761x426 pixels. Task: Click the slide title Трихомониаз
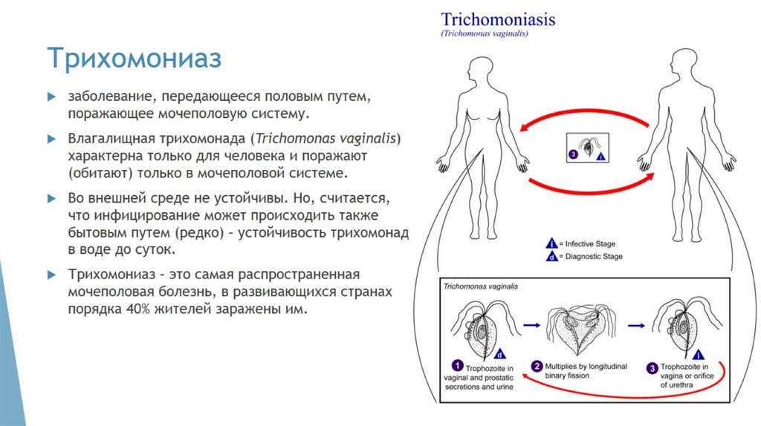pos(135,58)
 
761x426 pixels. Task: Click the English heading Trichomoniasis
pos(498,19)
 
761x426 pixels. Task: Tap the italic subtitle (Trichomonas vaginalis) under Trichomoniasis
pos(485,34)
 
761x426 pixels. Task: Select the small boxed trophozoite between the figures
pos(588,147)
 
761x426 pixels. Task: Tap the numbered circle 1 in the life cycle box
pos(459,366)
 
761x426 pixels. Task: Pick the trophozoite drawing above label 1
pos(481,324)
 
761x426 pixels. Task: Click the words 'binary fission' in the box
pos(570,376)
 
